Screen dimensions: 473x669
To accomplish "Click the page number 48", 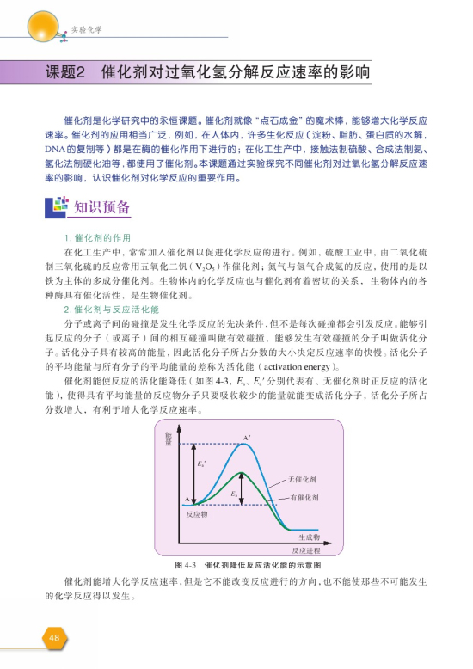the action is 53,637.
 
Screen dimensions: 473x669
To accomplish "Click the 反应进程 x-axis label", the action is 306,549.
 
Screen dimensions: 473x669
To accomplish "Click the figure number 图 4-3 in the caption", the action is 186,564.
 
